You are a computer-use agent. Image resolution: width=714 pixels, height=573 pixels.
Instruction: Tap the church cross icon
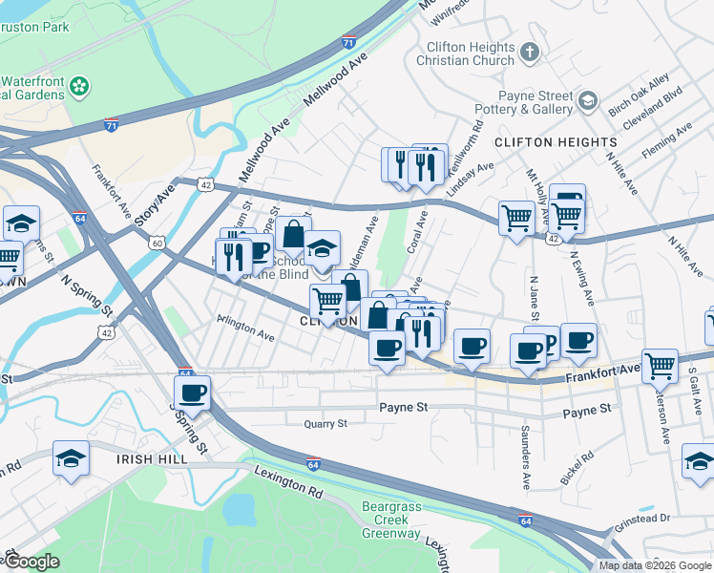[531, 50]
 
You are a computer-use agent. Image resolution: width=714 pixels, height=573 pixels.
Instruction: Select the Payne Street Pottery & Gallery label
[535, 103]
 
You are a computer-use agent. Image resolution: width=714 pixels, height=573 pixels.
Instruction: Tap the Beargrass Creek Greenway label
[390, 520]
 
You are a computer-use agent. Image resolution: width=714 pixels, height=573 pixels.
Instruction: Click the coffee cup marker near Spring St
[192, 392]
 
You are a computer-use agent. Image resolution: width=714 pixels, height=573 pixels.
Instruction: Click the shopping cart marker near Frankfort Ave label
[661, 365]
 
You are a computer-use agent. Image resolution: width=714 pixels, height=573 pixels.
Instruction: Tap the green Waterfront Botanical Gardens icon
[79, 87]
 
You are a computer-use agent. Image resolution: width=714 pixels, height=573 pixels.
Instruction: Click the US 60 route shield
[157, 243]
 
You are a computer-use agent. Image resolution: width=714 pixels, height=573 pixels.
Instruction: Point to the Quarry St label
[322, 423]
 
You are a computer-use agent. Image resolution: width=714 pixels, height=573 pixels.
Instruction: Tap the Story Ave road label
[155, 205]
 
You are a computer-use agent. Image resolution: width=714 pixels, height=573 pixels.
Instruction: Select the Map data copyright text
[655, 565]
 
